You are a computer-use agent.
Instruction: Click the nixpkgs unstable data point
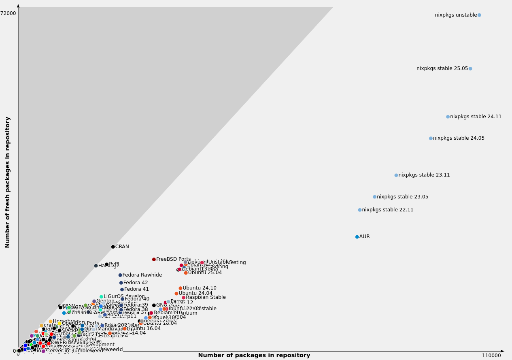coord(479,15)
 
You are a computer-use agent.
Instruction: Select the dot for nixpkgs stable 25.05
coord(470,68)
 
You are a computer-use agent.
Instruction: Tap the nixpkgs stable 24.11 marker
coord(448,117)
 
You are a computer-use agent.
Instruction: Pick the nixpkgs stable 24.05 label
coord(459,138)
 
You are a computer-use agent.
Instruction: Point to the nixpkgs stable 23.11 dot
coord(396,175)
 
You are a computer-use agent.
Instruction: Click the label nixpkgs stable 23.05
coord(402,197)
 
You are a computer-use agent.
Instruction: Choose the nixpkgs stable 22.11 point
coord(360,210)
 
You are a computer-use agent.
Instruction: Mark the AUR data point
coord(357,237)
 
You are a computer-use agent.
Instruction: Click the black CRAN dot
coord(113,247)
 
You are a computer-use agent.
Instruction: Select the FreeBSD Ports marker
coord(154,259)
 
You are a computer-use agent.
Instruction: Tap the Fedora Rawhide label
coord(142,275)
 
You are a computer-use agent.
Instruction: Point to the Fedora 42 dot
coord(121,283)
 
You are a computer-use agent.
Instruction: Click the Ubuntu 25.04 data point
coord(186,273)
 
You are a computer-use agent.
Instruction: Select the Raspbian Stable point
coord(183,298)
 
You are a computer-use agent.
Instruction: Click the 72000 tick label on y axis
coord(8,13)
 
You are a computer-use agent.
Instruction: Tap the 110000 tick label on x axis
coord(491,356)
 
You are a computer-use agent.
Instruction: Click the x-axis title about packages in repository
coord(254,356)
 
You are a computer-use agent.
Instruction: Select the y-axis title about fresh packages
coord(8,182)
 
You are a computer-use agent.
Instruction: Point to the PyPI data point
coord(107,264)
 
